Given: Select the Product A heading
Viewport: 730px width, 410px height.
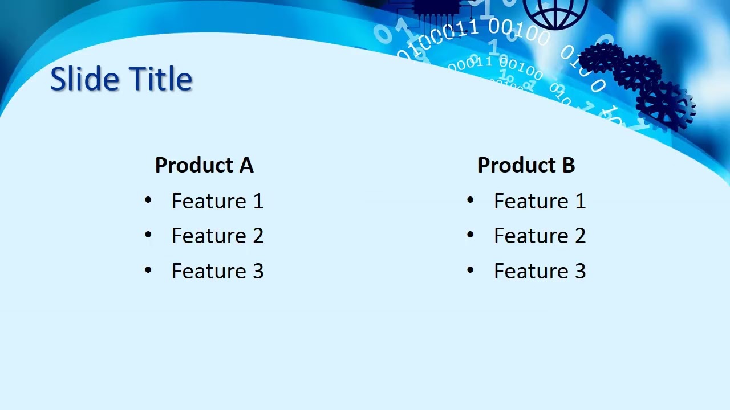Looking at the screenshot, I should pos(204,165).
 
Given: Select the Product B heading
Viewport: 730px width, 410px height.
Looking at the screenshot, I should pos(526,165).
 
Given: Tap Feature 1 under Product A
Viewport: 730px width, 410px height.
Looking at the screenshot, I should pos(217,201).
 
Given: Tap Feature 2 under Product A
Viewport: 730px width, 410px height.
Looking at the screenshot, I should pos(217,236).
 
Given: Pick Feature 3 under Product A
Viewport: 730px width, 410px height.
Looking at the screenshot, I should pos(217,271).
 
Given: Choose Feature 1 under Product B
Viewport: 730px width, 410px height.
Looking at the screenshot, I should pos(540,201).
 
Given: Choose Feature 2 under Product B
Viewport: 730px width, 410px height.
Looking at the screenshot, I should pos(540,236).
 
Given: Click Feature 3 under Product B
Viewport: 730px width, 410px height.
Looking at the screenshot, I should pos(540,271).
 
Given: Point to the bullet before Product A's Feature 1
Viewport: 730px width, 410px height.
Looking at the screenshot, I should pos(148,200).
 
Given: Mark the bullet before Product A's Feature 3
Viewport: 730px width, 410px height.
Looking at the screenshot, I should pos(148,270).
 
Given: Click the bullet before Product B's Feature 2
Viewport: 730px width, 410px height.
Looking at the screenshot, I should pos(471,235).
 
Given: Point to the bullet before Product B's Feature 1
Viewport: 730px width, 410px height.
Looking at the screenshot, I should pos(471,200).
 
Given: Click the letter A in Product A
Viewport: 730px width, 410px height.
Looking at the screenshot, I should pos(246,165).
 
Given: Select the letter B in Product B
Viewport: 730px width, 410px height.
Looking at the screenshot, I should pos(568,165).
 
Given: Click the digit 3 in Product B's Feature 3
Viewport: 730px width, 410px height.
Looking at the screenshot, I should pos(579,271).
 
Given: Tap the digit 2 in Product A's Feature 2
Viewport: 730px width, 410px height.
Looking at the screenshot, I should pos(258,236).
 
